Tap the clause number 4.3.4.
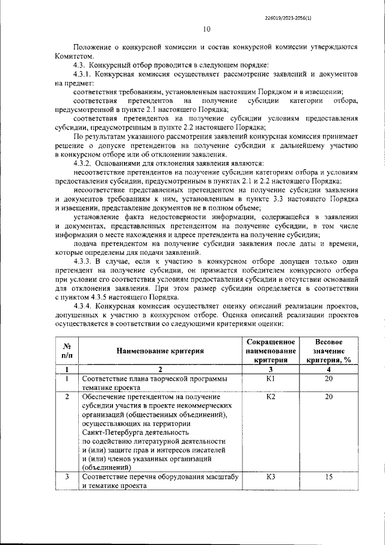coord(84,306)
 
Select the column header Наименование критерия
coord(161,350)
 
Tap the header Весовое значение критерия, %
coord(328,350)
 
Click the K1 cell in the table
coord(270,379)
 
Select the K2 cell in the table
coord(270,397)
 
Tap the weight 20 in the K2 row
coord(328,397)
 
